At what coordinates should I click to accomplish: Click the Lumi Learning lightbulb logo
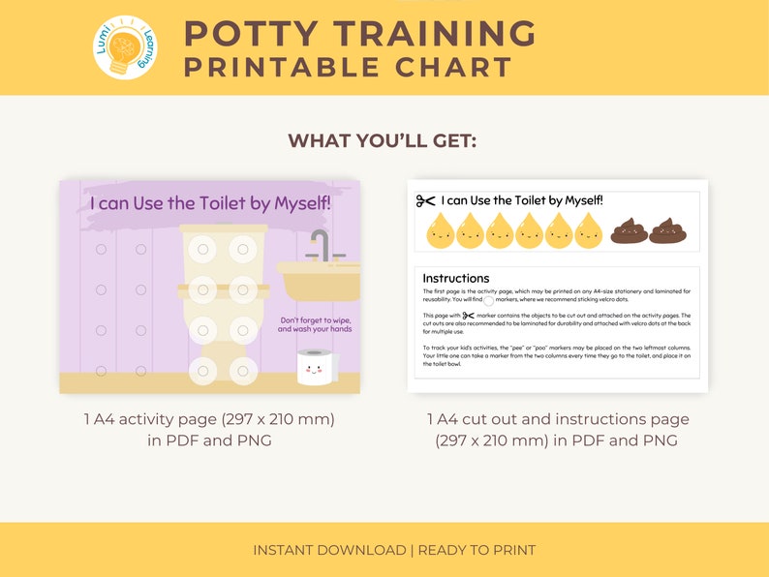point(125,46)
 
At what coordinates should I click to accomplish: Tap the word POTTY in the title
point(256,34)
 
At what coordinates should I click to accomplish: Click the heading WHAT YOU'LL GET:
point(383,141)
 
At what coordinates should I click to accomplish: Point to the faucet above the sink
point(321,244)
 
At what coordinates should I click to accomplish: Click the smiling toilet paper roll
point(314,368)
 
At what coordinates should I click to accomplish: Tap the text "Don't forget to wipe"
point(316,319)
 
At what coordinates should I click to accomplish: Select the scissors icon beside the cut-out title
point(425,200)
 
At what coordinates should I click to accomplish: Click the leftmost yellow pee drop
point(441,230)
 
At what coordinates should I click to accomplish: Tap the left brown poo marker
point(630,230)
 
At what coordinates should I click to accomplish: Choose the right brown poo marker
point(667,230)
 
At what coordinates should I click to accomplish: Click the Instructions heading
point(455,278)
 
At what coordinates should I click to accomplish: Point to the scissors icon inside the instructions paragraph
point(469,315)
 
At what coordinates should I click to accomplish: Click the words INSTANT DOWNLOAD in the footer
point(329,550)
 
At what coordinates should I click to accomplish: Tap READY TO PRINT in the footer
point(477,550)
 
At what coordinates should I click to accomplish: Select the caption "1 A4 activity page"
point(209,419)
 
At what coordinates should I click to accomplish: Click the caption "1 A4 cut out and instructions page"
point(558,419)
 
